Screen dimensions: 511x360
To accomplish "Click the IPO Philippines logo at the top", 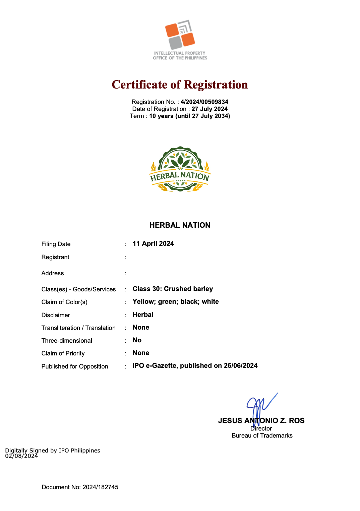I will point(180,40).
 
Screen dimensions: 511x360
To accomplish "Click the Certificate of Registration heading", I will point(180,84).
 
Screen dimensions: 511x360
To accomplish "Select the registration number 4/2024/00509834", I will point(204,102).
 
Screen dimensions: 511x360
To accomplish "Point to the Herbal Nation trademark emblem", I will point(180,170).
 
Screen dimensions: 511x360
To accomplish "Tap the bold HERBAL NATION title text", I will point(180,225).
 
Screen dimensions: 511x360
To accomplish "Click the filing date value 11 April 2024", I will point(153,244).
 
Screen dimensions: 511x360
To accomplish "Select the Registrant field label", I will point(55,257).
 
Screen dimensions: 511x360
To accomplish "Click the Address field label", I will point(53,273).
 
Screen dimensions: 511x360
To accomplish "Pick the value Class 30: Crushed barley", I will point(173,289).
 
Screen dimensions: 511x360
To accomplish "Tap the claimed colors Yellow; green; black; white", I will point(176,302).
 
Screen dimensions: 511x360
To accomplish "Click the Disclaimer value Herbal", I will point(143,315).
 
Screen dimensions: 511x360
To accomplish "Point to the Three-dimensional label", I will point(67,341).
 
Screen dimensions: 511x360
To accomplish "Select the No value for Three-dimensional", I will point(137,340).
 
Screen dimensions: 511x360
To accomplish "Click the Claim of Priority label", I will point(63,353).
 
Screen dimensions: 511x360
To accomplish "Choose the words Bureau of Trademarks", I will point(262,436).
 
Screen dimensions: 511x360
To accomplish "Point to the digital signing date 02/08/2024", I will point(21,456).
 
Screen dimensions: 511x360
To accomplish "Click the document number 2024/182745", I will point(101,487).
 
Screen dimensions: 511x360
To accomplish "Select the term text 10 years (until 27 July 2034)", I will point(190,116).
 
